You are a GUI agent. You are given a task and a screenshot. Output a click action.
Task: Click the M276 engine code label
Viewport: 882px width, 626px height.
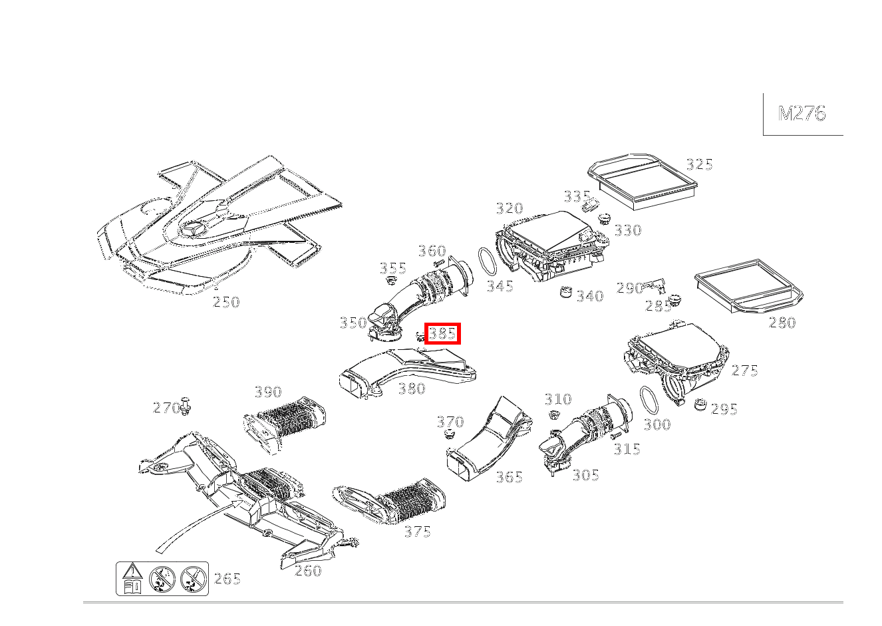(802, 114)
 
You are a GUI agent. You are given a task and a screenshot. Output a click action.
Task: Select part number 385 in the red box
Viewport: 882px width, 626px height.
(442, 333)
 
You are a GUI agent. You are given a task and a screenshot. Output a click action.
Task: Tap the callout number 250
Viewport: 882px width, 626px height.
(226, 302)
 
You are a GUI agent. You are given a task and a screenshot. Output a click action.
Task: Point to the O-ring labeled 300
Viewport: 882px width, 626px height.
(649, 398)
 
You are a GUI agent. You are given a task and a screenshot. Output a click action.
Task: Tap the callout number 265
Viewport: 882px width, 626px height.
(227, 579)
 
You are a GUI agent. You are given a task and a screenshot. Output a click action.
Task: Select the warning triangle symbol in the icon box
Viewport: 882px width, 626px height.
(134, 571)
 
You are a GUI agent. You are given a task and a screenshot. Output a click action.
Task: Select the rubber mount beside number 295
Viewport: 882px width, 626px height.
(700, 404)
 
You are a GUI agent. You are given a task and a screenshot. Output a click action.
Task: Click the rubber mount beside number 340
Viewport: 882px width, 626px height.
(565, 291)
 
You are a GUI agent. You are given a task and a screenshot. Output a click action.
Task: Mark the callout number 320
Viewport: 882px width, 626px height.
(510, 208)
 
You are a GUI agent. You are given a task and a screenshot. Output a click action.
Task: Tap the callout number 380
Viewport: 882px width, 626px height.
(411, 389)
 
